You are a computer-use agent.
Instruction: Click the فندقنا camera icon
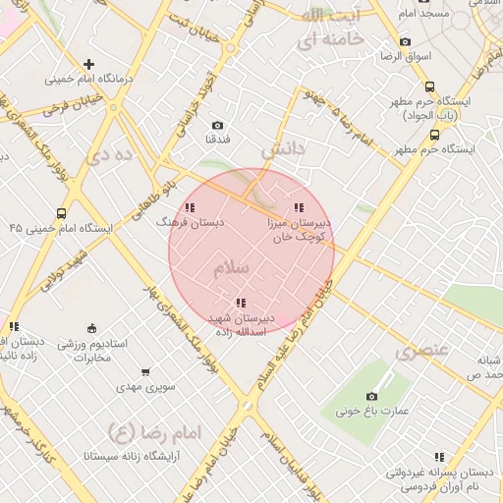(217, 126)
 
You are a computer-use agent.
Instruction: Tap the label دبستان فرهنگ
(191, 223)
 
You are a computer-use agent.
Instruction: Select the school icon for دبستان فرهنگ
(190, 208)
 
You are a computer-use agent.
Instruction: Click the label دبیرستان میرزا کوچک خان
(299, 230)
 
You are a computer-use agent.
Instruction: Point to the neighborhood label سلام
(231, 267)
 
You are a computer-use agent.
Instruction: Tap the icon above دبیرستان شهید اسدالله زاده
(240, 304)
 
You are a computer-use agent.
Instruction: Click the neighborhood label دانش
(284, 151)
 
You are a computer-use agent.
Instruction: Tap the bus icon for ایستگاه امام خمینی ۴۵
(62, 213)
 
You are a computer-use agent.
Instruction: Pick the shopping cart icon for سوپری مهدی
(146, 372)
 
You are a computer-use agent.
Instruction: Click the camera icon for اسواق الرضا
(405, 42)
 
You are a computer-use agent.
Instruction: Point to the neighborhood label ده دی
(109, 153)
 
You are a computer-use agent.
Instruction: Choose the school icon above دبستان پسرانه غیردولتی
(439, 457)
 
